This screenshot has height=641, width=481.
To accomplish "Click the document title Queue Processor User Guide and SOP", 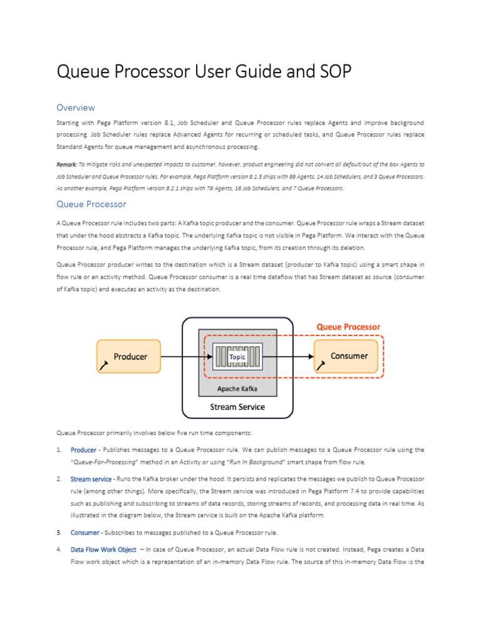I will coord(204,72).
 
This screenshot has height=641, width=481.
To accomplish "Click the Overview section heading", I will coord(76,108).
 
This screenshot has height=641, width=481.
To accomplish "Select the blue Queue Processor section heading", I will coord(91,204).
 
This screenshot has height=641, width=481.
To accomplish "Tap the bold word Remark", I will coord(67,164).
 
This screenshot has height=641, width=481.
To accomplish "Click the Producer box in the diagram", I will coord(128,356).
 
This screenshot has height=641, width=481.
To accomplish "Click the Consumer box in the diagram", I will coord(346,356).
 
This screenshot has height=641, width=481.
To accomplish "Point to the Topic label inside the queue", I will coord(237,357).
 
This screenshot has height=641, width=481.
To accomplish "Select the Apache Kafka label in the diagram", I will coord(237,388).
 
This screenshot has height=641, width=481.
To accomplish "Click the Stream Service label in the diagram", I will coord(237,407).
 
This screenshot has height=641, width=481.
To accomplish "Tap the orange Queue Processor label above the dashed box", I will coord(348,327).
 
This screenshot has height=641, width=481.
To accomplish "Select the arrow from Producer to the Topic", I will coord(187,357).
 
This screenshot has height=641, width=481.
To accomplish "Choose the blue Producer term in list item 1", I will coord(83,449).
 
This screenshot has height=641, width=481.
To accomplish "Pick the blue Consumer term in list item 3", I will coord(85,532).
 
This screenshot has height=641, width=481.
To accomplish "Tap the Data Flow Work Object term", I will coord(103,550).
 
